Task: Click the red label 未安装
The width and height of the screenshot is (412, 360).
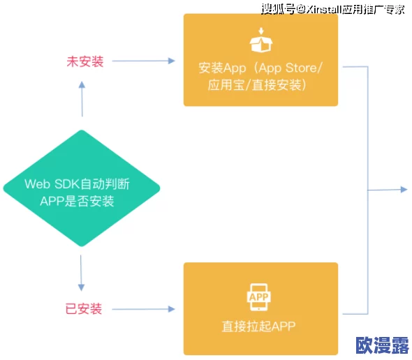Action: (85, 61)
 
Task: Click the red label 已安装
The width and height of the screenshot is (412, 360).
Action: (84, 308)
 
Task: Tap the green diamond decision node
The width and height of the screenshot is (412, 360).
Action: (82, 188)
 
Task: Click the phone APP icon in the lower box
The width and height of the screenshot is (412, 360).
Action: (260, 298)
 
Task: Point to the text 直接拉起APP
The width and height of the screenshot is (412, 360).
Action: (260, 327)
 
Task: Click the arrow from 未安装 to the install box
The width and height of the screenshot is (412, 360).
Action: (143, 61)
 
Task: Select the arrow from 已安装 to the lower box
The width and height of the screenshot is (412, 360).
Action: (143, 308)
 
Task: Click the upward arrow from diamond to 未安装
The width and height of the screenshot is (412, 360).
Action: (82, 98)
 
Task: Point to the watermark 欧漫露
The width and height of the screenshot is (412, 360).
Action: (381, 345)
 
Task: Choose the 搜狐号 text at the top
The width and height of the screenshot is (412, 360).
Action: (277, 8)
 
